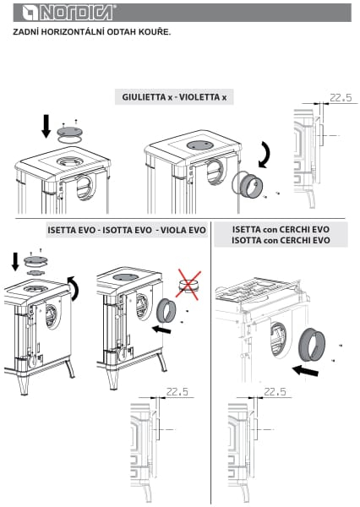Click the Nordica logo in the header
pyautogui.click(x=68, y=13)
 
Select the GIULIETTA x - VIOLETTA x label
pyautogui.click(x=174, y=97)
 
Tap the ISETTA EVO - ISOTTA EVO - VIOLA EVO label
pyautogui.click(x=127, y=230)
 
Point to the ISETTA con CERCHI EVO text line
pyautogui.click(x=281, y=230)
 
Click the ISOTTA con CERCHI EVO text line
pyautogui.click(x=281, y=241)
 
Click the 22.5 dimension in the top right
pyautogui.click(x=341, y=98)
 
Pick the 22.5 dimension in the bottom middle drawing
pyautogui.click(x=177, y=391)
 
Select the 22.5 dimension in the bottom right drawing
pyautogui.click(x=275, y=391)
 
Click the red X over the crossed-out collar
pyautogui.click(x=188, y=284)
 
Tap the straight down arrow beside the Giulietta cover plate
pyautogui.click(x=46, y=126)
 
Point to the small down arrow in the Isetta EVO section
pyautogui.click(x=15, y=262)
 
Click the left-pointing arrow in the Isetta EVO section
pyautogui.click(x=161, y=330)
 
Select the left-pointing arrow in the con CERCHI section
pyautogui.click(x=305, y=371)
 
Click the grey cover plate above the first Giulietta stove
pyautogui.click(x=69, y=132)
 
